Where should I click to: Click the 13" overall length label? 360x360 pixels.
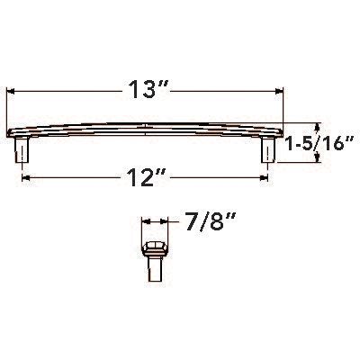(146, 90)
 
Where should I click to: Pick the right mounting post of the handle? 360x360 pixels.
(267, 150)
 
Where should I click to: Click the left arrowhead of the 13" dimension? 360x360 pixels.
(13, 90)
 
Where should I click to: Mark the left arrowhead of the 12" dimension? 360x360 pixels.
(25, 179)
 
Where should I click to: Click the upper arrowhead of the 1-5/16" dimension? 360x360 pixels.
(317, 125)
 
